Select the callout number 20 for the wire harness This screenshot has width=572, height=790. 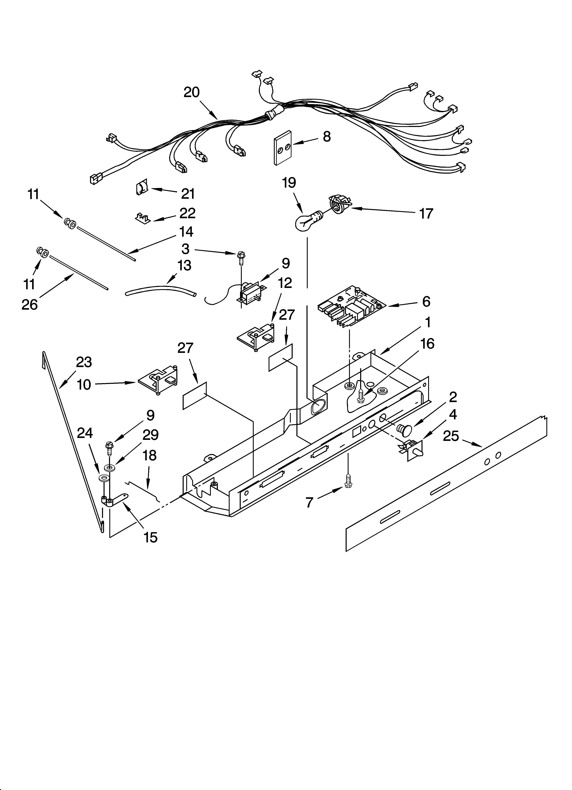(192, 92)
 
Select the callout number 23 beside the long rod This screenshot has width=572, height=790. (84, 362)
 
